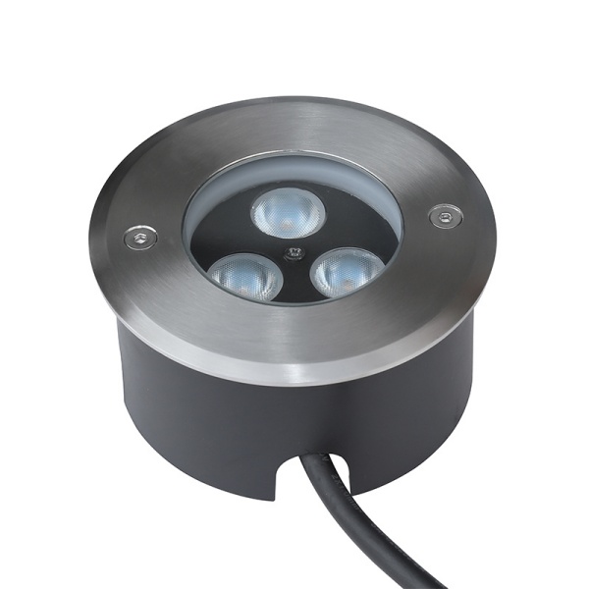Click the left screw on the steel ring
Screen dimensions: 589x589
click(139, 236)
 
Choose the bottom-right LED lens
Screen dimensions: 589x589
click(347, 270)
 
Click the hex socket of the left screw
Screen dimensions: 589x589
click(139, 236)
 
